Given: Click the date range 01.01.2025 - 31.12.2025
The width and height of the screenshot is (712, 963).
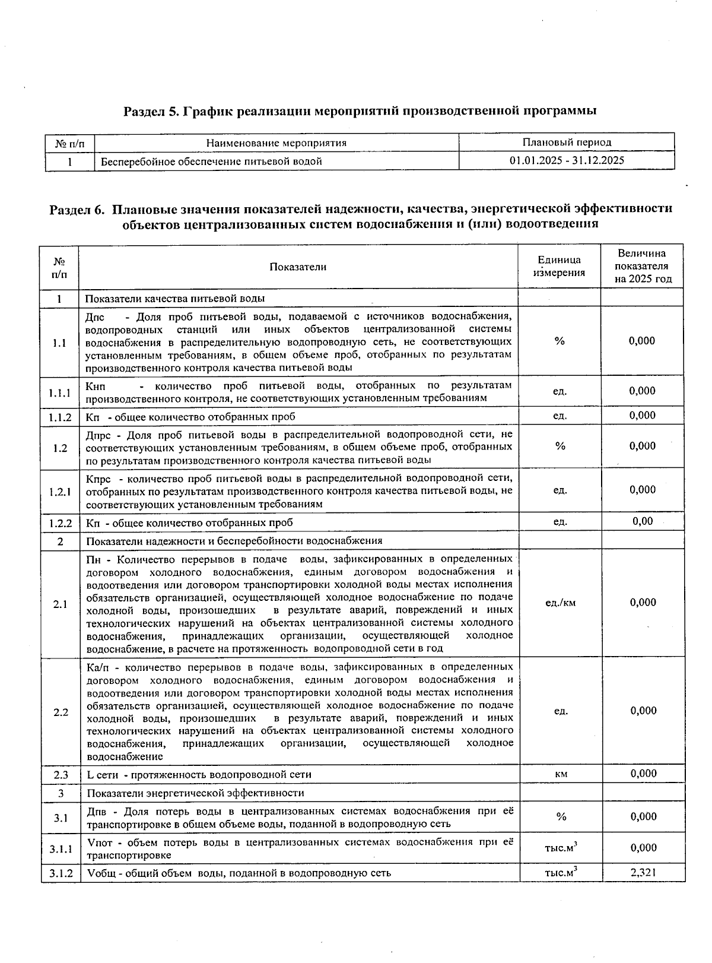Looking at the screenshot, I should (x=567, y=160).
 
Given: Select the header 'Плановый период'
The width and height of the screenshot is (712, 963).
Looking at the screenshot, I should (x=567, y=142).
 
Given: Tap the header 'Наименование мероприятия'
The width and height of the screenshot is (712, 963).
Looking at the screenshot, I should (x=276, y=142).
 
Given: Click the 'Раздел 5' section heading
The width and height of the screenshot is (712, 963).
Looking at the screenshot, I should (x=359, y=111).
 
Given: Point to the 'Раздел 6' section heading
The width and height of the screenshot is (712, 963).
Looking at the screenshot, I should (x=361, y=216).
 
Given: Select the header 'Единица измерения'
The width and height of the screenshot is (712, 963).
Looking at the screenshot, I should (x=559, y=267).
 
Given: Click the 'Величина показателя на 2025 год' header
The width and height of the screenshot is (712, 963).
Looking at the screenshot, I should (x=643, y=266).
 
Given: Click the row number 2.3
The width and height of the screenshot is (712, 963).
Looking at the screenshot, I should (x=61, y=775).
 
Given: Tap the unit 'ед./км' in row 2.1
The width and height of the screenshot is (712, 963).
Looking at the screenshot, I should (x=560, y=603).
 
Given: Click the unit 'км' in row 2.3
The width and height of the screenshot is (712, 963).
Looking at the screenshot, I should (x=561, y=774).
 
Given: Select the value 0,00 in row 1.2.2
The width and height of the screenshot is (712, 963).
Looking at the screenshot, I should (x=643, y=521).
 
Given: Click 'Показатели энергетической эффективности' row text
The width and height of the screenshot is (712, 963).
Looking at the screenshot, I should (x=196, y=793).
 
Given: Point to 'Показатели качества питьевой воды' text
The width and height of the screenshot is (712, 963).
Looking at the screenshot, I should (x=176, y=298).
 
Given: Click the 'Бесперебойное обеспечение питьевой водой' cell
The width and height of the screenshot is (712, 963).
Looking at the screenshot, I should (x=211, y=161).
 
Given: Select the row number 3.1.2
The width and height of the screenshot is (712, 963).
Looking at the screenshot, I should (x=61, y=873).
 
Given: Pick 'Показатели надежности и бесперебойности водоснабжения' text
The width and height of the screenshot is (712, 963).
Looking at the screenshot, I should (x=234, y=541).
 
